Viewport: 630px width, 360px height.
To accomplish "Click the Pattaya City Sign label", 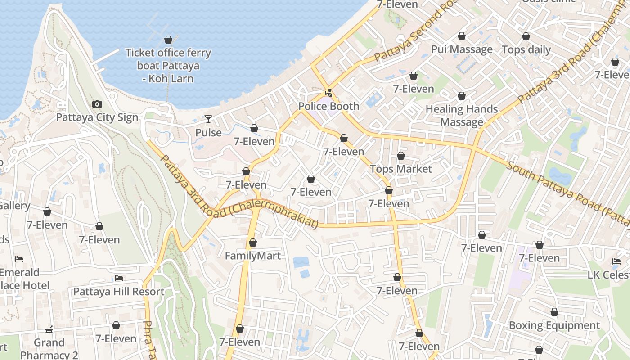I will pyautogui.click(x=97, y=117).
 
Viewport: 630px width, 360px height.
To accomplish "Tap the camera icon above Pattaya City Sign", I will pyautogui.click(x=97, y=104).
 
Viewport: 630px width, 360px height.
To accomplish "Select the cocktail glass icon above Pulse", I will pyautogui.click(x=208, y=119).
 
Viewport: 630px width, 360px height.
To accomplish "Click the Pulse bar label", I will pyautogui.click(x=208, y=133).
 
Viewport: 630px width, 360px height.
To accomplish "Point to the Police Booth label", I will pyautogui.click(x=329, y=107).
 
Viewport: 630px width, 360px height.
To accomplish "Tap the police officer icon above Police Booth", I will pyautogui.click(x=329, y=93).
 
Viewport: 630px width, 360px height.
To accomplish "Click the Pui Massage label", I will pyautogui.click(x=462, y=49).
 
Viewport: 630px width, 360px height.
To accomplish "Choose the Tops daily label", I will pyautogui.click(x=526, y=50).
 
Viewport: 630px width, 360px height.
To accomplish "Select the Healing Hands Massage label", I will pyautogui.click(x=462, y=116).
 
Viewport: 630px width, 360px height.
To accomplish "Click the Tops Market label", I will pyautogui.click(x=400, y=169).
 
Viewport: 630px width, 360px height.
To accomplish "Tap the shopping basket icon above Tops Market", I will pyautogui.click(x=400, y=156).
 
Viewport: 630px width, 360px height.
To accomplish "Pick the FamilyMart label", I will pyautogui.click(x=252, y=256).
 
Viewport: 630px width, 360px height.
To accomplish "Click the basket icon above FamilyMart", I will pyautogui.click(x=252, y=243).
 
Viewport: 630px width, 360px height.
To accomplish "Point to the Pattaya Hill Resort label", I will pyautogui.click(x=119, y=292).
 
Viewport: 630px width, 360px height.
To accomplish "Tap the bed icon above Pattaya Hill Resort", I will pyautogui.click(x=119, y=278).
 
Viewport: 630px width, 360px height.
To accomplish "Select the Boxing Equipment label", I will pyautogui.click(x=554, y=325).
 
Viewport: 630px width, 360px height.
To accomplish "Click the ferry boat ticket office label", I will pyautogui.click(x=168, y=66).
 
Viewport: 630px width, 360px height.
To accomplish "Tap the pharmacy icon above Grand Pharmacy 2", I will pyautogui.click(x=49, y=330).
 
